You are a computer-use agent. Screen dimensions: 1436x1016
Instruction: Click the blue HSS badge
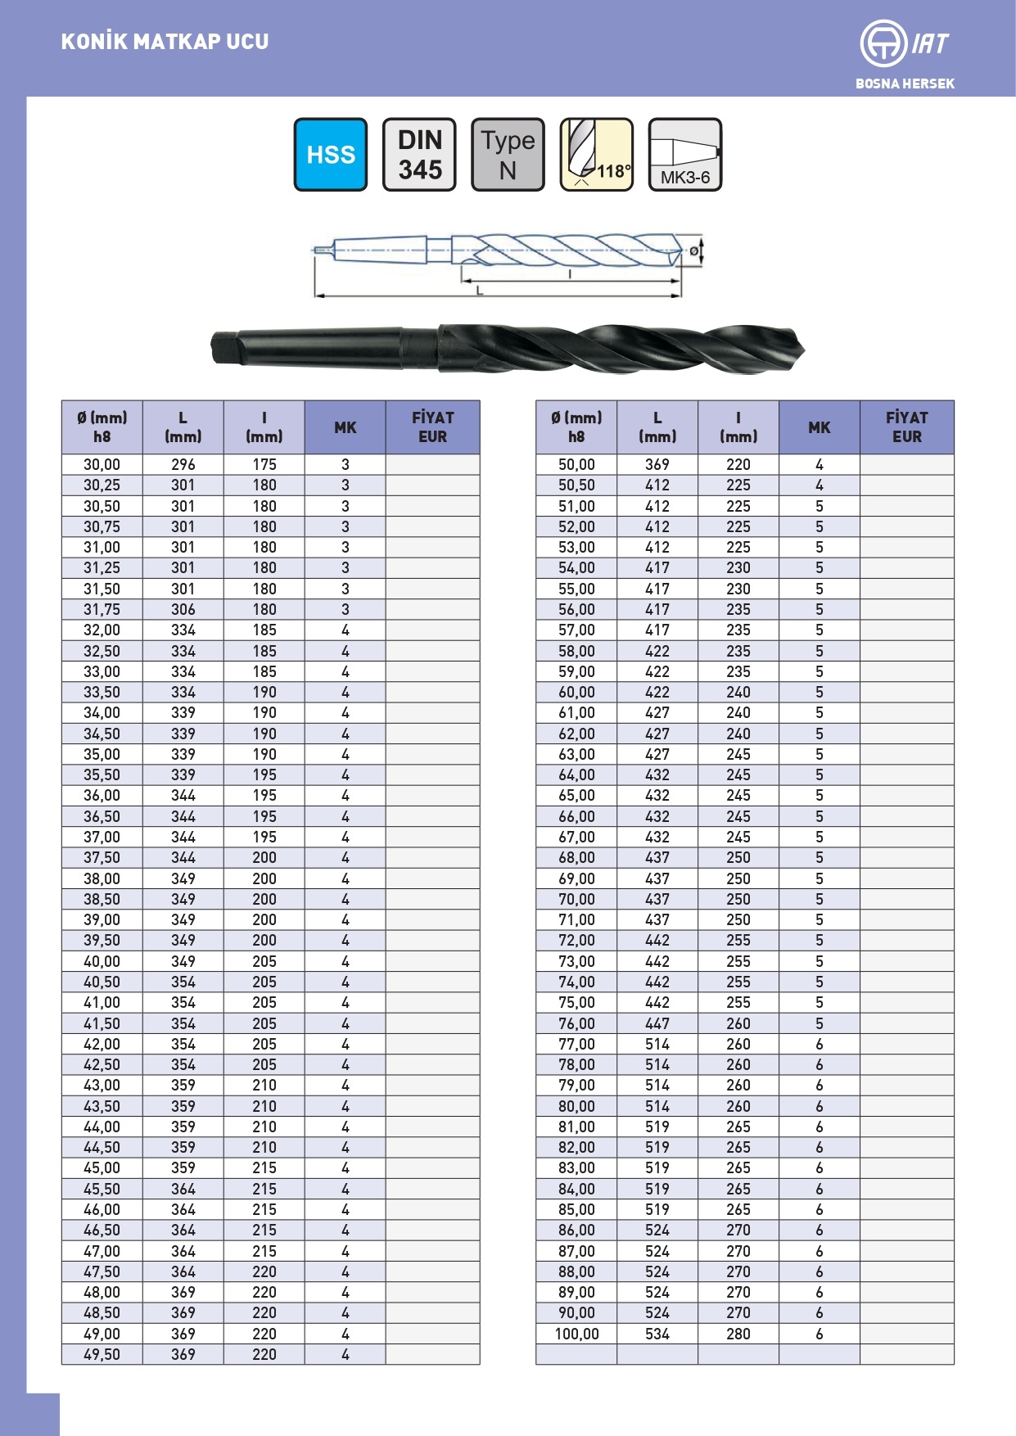tap(331, 155)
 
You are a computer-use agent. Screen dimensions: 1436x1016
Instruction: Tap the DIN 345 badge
tap(419, 155)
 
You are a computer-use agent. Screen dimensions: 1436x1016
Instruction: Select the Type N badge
tap(508, 155)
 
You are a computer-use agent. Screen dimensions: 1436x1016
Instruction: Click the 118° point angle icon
tap(596, 155)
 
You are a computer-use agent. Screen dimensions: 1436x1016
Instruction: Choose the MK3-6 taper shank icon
tap(684, 155)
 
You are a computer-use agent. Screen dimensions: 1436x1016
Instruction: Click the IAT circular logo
tap(883, 43)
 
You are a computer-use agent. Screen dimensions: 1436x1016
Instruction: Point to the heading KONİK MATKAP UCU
tap(165, 42)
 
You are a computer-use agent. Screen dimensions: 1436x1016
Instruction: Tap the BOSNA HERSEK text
tap(905, 84)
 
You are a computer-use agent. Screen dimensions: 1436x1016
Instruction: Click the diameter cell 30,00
tap(102, 464)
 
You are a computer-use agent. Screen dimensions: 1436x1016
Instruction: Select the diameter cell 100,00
tap(576, 1334)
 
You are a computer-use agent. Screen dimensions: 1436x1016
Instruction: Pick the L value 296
tap(183, 464)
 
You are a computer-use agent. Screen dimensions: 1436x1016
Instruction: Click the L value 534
tap(657, 1334)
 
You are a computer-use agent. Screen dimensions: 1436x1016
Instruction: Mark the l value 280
tap(738, 1334)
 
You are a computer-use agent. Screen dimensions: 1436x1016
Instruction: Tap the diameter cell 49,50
tap(102, 1354)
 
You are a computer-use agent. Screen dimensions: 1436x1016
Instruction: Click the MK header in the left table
tap(345, 427)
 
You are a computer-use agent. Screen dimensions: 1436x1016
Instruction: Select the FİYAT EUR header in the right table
tap(906, 427)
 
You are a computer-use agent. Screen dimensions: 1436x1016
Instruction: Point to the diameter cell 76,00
tap(576, 1023)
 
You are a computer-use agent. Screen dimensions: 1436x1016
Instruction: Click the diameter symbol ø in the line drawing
tap(694, 251)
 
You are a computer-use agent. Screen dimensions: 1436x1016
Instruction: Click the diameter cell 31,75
tap(102, 609)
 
